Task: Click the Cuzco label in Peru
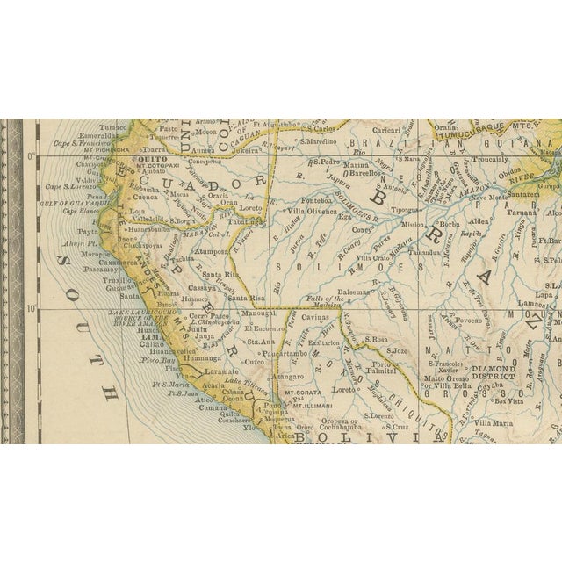[254, 361]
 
